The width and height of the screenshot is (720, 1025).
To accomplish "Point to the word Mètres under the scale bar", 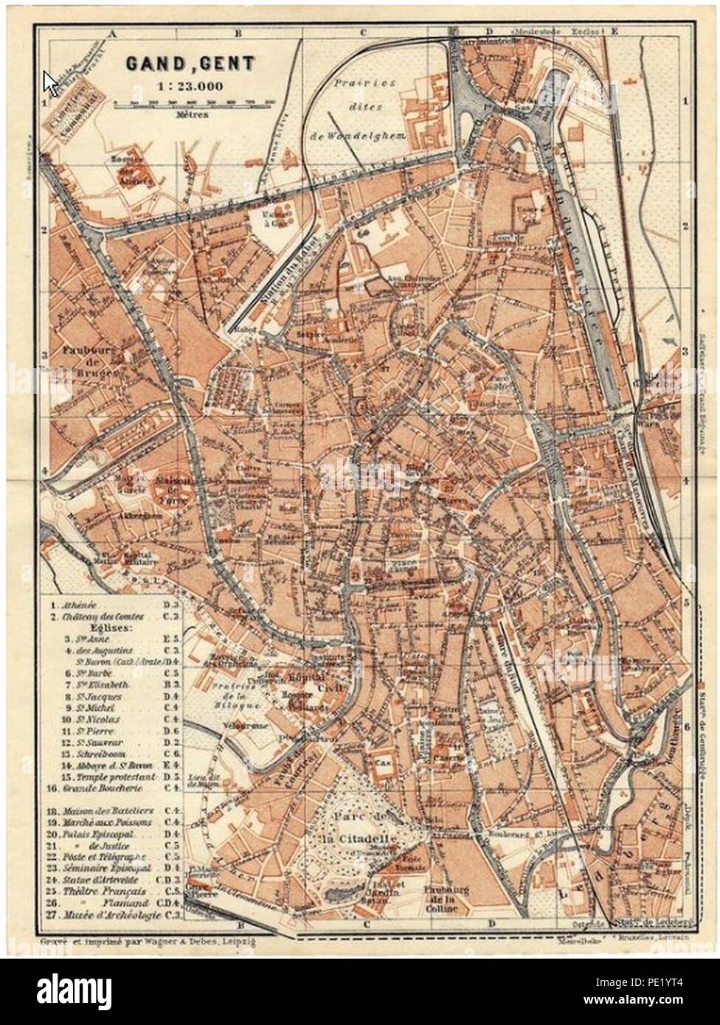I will [x=192, y=115].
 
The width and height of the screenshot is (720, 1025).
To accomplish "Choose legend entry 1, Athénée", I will [x=81, y=602].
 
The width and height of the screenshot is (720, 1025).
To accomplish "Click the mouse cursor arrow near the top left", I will [x=49, y=81].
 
